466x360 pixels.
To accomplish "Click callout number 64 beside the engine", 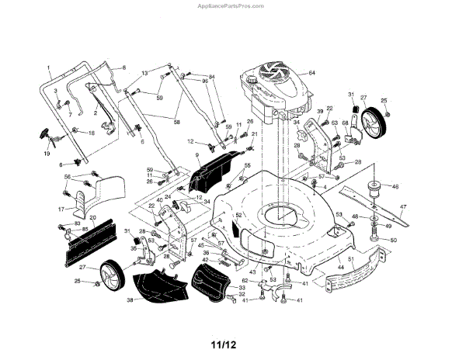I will pos(311,72).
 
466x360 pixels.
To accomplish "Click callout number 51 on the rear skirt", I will pos(351,259).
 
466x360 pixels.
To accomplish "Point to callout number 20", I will pos(93,218).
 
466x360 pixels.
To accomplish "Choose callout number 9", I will pos(197,156).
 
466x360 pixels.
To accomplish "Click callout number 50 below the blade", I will pos(393,241).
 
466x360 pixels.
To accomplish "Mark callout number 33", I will pos(242,288).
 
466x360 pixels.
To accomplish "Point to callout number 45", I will pos(200,246).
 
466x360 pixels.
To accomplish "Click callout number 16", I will pos(92,133).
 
